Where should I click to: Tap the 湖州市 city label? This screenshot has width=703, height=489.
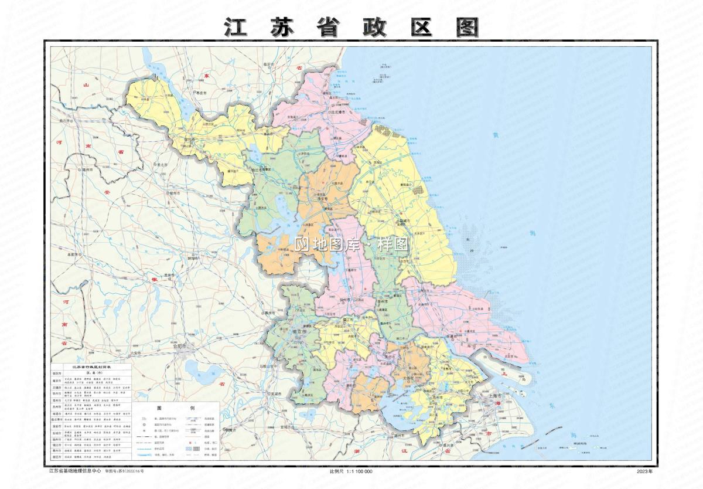(x=401, y=435)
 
